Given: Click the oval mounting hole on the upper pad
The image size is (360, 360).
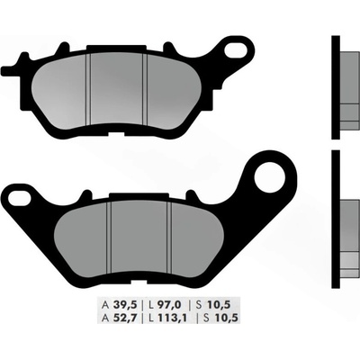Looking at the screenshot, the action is click(x=236, y=49).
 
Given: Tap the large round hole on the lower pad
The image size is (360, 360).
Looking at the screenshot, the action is click(x=269, y=175).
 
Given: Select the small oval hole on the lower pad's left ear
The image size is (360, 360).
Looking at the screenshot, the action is click(x=19, y=197).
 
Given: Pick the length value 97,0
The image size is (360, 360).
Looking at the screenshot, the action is click(x=169, y=305).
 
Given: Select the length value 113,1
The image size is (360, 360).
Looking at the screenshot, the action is click(x=171, y=318).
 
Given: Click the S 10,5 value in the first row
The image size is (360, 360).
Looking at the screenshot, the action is click(x=217, y=305).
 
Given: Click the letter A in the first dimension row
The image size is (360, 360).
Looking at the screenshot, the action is click(x=105, y=305).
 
